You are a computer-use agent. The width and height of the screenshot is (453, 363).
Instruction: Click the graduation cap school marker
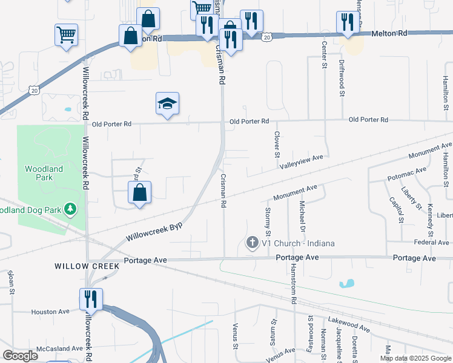coord(168,103)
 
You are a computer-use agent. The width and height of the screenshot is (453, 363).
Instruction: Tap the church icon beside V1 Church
coord(252,243)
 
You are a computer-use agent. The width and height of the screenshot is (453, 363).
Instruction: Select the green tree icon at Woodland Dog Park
coord(71,209)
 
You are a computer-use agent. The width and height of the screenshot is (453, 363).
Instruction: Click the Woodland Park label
coord(39,173)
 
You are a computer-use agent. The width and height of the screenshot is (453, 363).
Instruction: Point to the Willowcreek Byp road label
coord(154,230)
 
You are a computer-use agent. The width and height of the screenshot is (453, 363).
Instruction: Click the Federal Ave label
coord(431,243)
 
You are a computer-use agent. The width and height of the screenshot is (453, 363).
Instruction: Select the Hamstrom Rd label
coord(293,284)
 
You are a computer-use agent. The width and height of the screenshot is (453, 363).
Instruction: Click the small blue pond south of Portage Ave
coord(347,283)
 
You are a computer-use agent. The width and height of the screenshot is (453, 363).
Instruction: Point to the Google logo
coord(21,356)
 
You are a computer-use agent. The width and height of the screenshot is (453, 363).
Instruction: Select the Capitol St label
coord(397,209)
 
